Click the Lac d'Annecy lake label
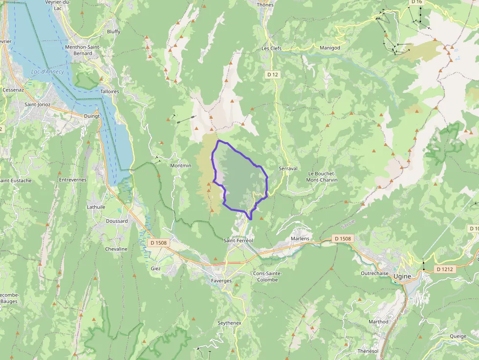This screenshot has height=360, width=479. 47,72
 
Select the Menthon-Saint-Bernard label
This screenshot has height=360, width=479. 83,50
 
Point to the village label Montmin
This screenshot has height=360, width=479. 180,166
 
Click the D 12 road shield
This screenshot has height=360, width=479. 273,75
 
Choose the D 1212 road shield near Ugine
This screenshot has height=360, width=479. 445,269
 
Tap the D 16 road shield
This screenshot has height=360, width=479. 416,2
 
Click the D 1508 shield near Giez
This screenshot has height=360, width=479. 158,243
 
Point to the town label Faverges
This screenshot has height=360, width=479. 221,281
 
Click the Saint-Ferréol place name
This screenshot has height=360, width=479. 238,240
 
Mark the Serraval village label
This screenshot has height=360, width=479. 288,169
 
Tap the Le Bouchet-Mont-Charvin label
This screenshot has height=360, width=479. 323,177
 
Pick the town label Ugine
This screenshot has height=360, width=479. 402,276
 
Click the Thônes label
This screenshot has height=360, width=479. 265,5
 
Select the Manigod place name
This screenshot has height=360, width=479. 329,48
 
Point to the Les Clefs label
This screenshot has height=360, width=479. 272,48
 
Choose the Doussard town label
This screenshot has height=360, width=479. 117,221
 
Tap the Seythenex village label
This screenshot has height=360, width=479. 229,323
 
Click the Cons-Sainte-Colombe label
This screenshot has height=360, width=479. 265,276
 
